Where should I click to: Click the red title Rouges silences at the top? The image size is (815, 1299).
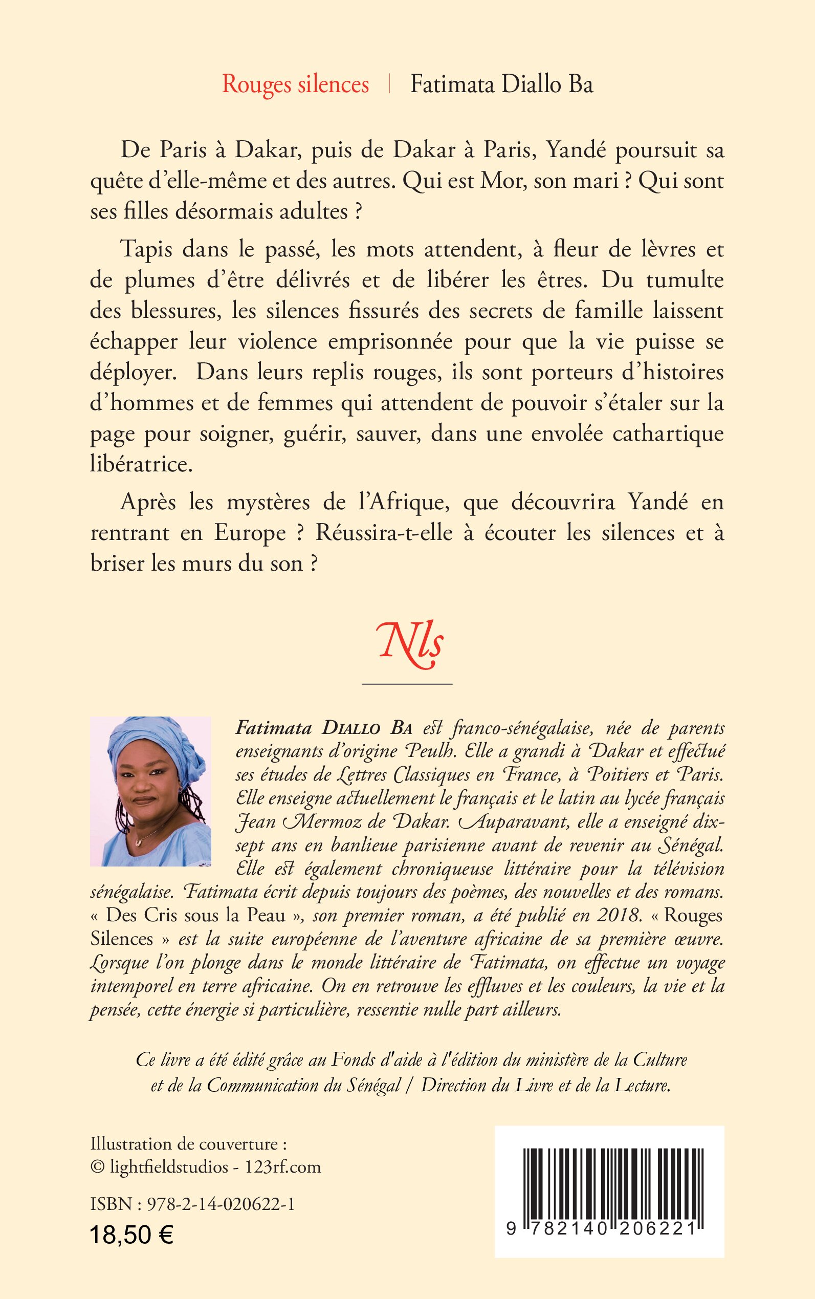coord(295,85)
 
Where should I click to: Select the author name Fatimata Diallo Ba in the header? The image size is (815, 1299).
coord(501,85)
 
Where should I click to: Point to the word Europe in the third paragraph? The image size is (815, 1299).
coord(250,533)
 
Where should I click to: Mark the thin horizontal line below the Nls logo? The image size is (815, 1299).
coord(407,684)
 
